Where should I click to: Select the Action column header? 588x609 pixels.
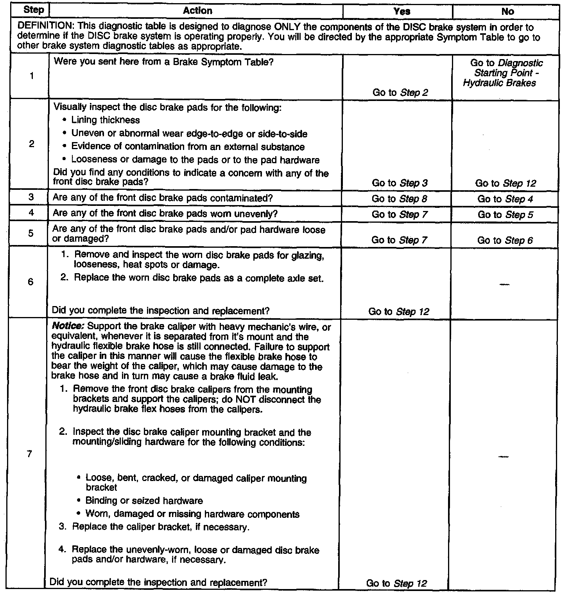(x=197, y=11)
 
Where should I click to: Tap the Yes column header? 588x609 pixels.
(x=402, y=11)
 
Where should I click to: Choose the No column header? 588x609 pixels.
(x=507, y=11)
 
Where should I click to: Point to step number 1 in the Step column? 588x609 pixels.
(x=31, y=76)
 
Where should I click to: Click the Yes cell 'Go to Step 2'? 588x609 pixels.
(x=400, y=92)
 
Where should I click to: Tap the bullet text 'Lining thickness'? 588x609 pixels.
(x=105, y=120)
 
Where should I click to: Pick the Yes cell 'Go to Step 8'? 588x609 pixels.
(x=399, y=198)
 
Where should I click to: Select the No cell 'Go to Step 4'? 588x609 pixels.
(x=505, y=199)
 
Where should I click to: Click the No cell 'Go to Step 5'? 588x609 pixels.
(x=505, y=214)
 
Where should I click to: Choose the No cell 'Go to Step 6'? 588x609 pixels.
(x=505, y=240)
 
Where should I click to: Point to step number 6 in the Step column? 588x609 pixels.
(x=30, y=282)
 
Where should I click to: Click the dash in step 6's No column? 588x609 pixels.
(x=504, y=284)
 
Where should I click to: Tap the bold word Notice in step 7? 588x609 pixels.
(x=68, y=326)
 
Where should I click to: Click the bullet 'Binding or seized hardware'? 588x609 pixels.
(x=144, y=501)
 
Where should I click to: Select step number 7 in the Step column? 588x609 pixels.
(x=29, y=454)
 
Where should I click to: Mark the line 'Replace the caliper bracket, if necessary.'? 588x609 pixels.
(x=161, y=527)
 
